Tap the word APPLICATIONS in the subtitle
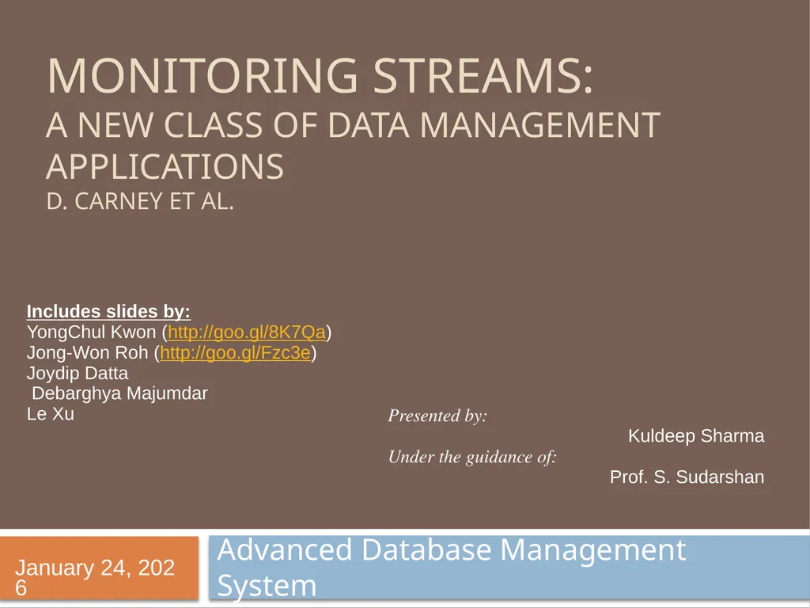[x=165, y=167]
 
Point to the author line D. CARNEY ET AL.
[x=140, y=202]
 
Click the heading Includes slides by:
[x=108, y=311]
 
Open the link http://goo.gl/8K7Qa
[x=247, y=332]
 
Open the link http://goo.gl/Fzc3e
[x=235, y=353]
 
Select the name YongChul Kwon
[x=91, y=332]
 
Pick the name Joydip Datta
[x=78, y=373]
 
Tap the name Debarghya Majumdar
[x=119, y=393]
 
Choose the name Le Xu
[x=51, y=413]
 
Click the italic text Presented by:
[x=437, y=416]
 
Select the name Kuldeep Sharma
[x=696, y=436]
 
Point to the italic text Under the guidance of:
[x=472, y=457]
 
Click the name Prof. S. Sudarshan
[x=687, y=477]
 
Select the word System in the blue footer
[x=267, y=587]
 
